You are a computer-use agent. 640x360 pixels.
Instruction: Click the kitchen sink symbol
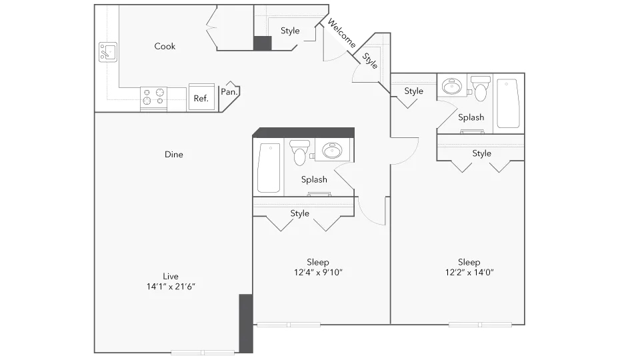click(x=108, y=51)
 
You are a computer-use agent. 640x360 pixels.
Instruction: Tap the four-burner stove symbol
click(x=153, y=98)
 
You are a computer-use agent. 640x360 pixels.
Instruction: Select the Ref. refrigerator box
click(x=201, y=97)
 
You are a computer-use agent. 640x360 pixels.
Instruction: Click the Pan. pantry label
click(x=230, y=92)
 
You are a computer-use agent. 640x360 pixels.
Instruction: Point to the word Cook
click(x=165, y=46)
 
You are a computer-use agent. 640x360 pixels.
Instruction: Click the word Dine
click(x=173, y=155)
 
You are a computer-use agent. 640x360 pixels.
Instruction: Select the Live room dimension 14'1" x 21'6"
click(x=171, y=286)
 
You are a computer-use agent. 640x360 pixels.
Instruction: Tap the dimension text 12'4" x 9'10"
click(x=318, y=272)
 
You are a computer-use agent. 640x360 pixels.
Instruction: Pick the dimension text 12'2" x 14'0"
click(x=469, y=272)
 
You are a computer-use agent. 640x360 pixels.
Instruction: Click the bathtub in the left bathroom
click(x=269, y=167)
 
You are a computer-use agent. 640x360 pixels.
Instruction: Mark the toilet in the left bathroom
click(x=299, y=153)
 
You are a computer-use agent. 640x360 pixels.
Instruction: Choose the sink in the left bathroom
click(x=331, y=151)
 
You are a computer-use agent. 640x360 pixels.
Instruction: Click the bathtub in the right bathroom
click(x=508, y=103)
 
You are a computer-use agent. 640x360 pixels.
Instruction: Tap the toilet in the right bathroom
click(x=480, y=87)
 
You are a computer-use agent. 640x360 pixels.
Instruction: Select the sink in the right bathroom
click(x=453, y=87)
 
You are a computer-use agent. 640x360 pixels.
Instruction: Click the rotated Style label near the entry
click(x=371, y=61)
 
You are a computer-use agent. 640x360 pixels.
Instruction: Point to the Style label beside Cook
click(x=290, y=31)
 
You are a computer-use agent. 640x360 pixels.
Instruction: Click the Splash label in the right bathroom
click(x=471, y=117)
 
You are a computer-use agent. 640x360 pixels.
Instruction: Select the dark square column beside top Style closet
click(x=263, y=43)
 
